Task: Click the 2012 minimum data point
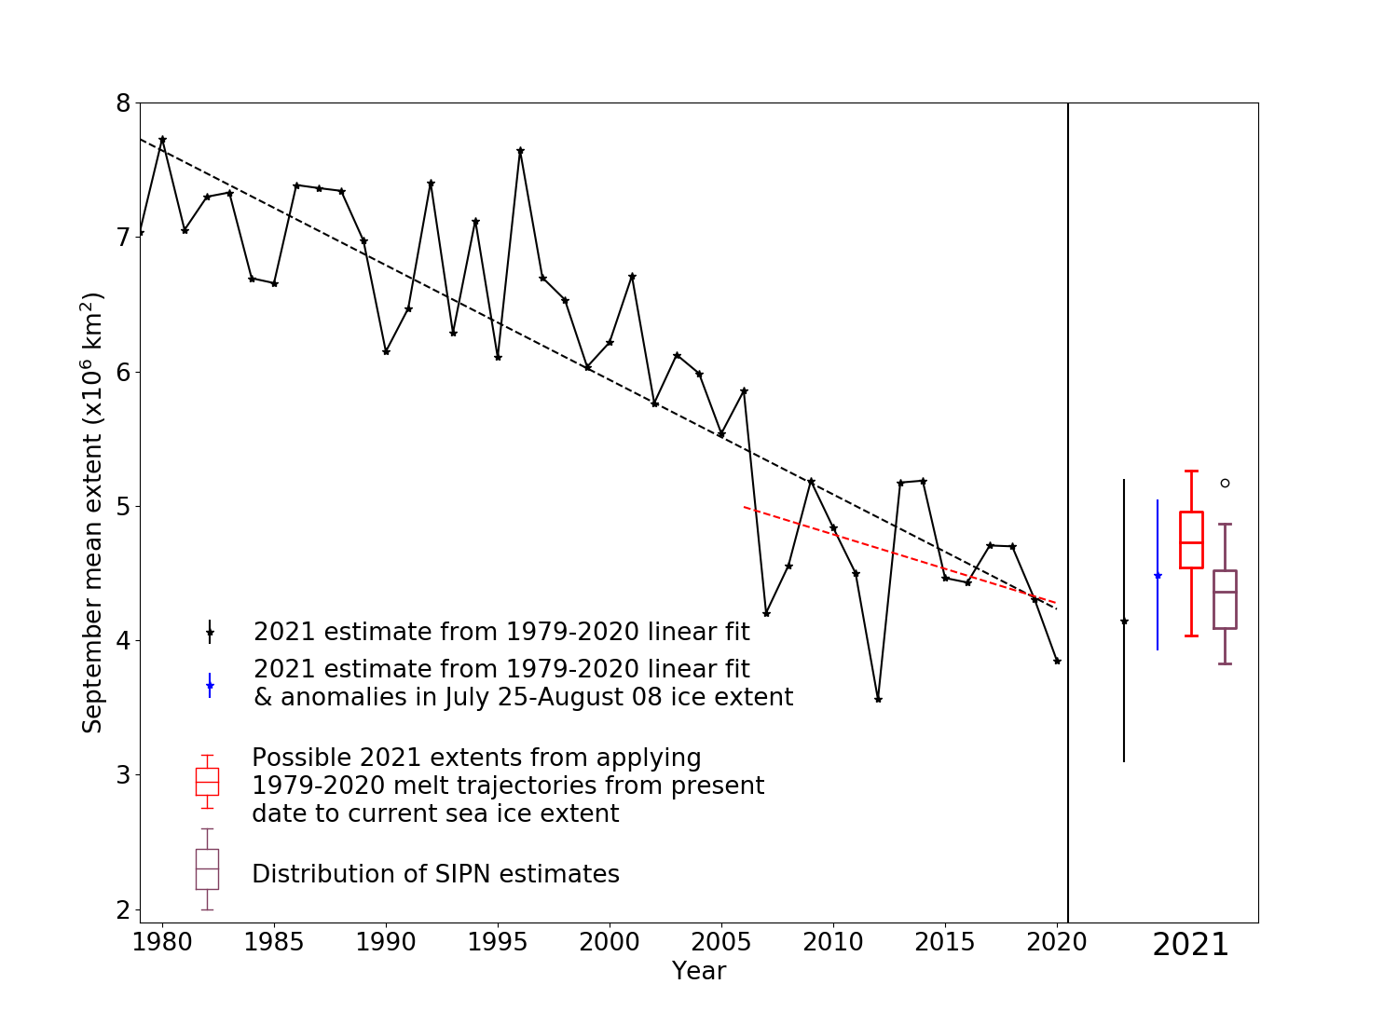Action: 878,699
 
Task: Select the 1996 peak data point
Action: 520,150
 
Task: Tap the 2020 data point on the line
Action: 1057,661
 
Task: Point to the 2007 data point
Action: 766,613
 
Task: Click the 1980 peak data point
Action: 162,140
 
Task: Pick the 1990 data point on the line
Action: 386,351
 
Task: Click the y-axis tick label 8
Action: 123,102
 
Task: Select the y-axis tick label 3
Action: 123,775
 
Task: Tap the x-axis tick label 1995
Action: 498,942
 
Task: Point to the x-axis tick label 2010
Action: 833,942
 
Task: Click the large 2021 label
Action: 1190,945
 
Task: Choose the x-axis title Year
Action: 699,971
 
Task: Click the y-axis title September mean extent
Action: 92,512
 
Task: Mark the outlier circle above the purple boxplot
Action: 1225,483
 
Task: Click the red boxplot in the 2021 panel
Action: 1191,540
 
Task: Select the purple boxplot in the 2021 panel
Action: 1225,599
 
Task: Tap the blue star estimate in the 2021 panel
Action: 1158,576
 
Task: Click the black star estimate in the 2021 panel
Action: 1124,622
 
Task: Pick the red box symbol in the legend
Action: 207,782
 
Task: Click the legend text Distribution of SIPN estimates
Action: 435,874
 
